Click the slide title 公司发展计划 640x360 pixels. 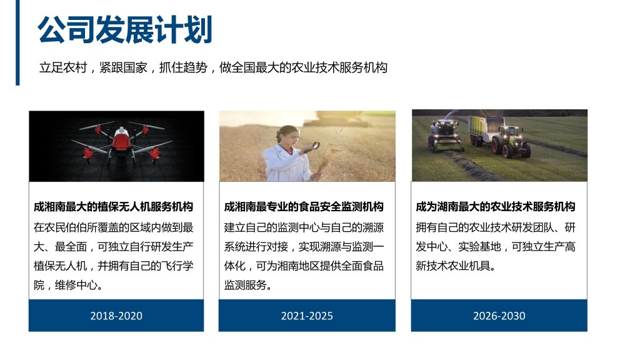tap(125, 29)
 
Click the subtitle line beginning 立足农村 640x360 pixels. tap(213, 67)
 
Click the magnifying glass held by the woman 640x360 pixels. tap(315, 146)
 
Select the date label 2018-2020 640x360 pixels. tap(116, 316)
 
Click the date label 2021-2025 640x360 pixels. tap(307, 316)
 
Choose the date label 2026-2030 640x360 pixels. tap(499, 316)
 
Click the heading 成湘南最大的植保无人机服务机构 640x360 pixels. tap(113, 206)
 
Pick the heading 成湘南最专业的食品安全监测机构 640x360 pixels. tap(304, 206)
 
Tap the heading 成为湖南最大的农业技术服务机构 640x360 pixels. tap(496, 206)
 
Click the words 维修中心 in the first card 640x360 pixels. tap(76, 285)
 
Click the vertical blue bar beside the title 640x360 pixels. tap(17, 42)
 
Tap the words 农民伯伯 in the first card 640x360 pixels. tap(66, 227)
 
